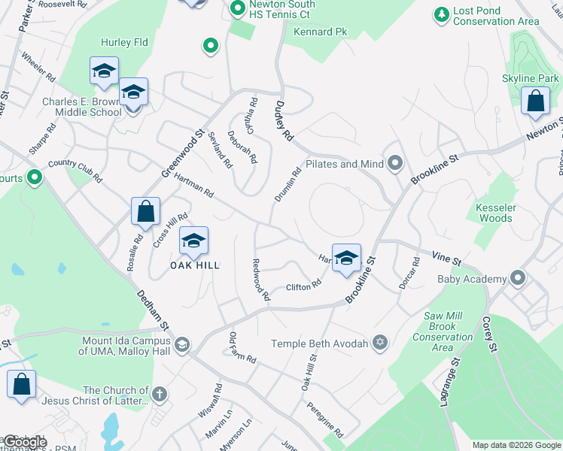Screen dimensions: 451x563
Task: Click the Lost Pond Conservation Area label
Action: (496, 17)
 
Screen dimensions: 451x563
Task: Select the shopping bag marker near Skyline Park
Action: (535, 104)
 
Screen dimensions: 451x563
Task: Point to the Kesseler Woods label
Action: (495, 213)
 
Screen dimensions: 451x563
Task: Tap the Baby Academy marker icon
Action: (517, 279)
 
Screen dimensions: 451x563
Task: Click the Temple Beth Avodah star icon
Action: (380, 344)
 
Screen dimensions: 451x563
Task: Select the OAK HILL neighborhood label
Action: (194, 265)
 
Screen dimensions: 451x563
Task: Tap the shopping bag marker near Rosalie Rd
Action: (145, 213)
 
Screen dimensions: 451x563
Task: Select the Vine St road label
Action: (446, 259)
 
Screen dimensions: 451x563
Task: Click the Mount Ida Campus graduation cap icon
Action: (181, 345)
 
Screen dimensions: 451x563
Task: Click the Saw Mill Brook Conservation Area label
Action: (443, 331)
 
